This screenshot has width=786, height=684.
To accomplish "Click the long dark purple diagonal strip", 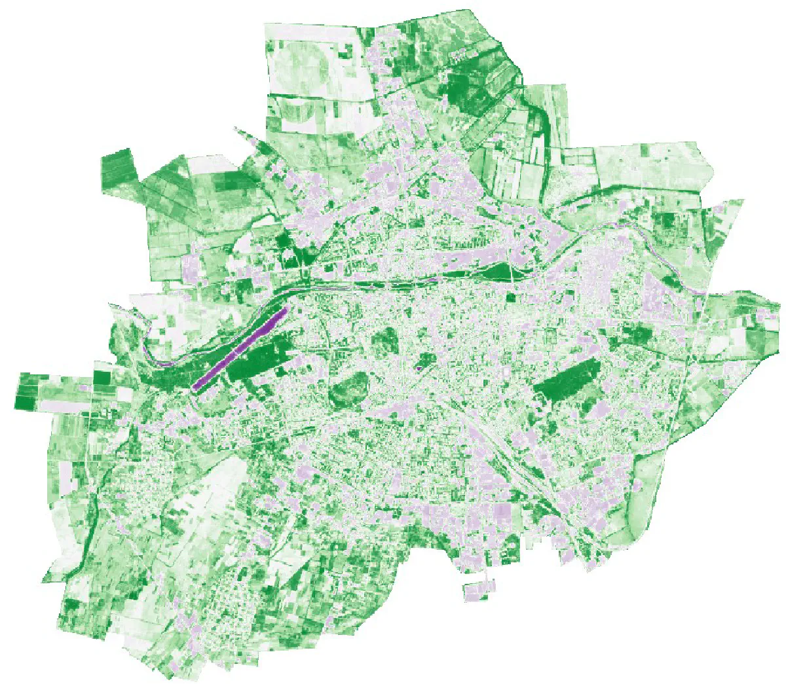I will click(x=240, y=349).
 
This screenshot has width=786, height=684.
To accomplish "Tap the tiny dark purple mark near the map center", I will click(x=418, y=369).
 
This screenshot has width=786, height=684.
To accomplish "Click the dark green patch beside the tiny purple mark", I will click(x=426, y=359).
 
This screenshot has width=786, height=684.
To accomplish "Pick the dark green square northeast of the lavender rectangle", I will click(x=102, y=378).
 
